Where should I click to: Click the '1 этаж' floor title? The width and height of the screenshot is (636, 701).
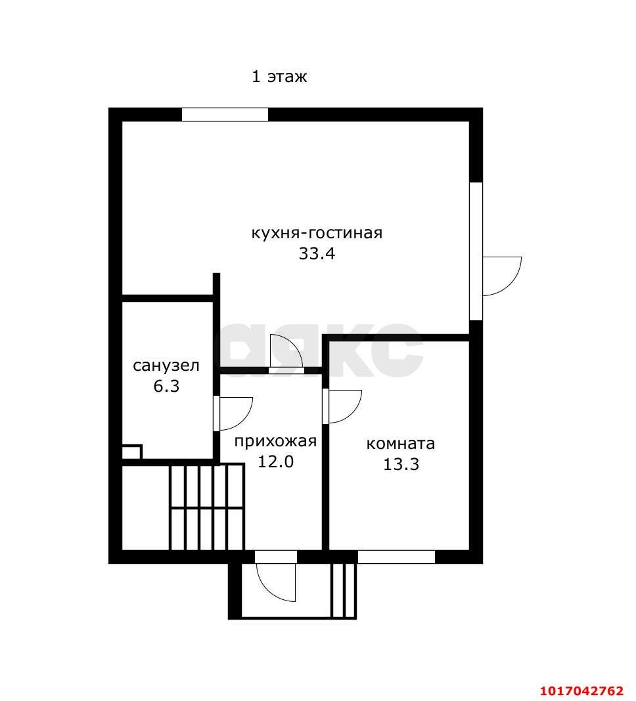click(x=279, y=76)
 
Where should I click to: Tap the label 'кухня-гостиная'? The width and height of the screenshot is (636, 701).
click(x=317, y=233)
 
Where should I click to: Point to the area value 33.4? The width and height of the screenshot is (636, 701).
click(x=317, y=253)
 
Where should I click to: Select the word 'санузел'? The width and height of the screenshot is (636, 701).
click(x=166, y=366)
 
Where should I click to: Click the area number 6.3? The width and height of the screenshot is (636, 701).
click(x=166, y=386)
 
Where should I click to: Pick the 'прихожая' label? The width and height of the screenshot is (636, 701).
click(x=275, y=442)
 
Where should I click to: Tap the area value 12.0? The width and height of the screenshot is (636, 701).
click(x=275, y=461)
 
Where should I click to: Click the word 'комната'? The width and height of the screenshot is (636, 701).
click(x=401, y=444)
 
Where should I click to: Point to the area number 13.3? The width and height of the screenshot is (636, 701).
click(x=401, y=464)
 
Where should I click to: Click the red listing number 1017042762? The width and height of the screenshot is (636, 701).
click(x=582, y=690)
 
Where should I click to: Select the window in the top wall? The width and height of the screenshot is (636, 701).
click(x=225, y=114)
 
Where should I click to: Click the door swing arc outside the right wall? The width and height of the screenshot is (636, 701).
click(x=502, y=276)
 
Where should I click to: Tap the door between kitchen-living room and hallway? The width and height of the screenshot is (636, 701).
click(x=287, y=354)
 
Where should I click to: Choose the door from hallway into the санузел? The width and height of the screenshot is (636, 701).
click(x=233, y=413)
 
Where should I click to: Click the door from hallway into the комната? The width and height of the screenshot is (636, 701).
click(x=342, y=406)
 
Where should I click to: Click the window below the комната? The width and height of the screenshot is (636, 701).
click(x=397, y=557)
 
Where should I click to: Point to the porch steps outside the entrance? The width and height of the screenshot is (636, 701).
click(x=344, y=590)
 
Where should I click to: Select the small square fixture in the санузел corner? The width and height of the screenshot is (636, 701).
click(x=132, y=452)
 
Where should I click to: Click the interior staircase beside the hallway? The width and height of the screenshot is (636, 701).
click(x=207, y=507)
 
